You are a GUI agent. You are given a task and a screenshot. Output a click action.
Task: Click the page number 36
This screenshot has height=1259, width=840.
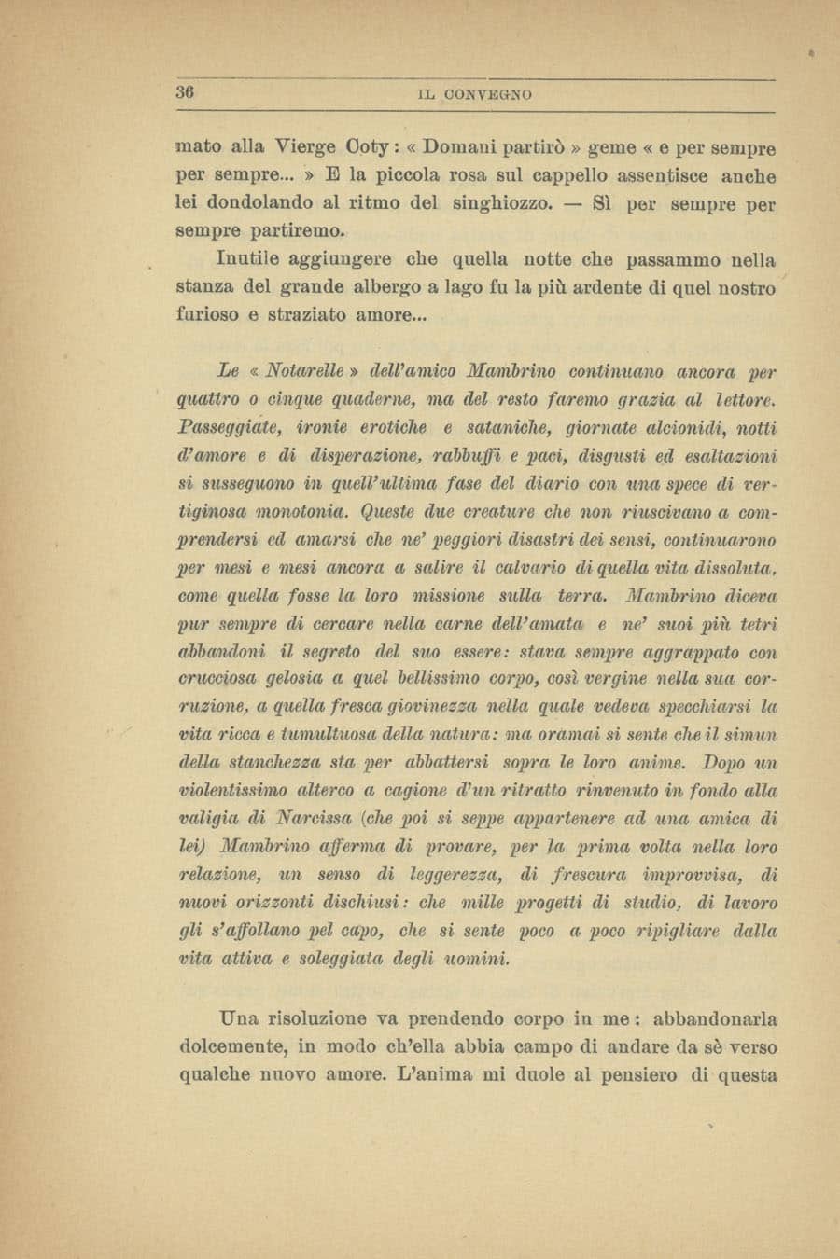click(x=183, y=92)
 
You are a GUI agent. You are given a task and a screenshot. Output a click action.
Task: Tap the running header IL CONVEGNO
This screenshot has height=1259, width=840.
click(x=475, y=94)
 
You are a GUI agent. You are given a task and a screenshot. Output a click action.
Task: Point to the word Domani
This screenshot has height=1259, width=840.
click(x=465, y=147)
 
